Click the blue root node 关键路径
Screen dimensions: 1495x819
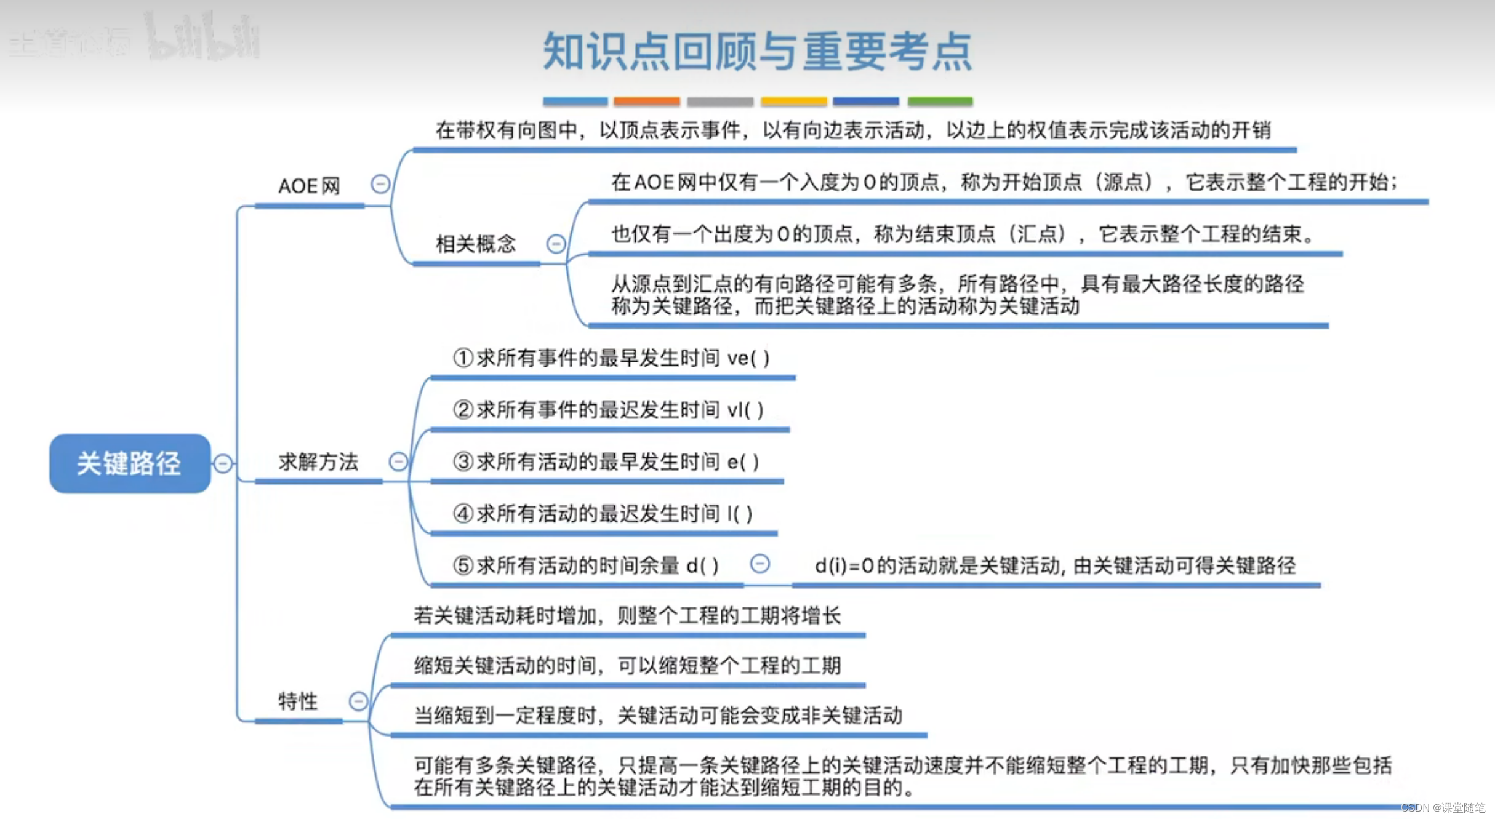tap(129, 463)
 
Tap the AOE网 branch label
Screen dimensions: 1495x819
tap(309, 186)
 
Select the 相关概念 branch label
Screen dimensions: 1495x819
tap(475, 244)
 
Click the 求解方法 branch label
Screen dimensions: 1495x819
tap(318, 461)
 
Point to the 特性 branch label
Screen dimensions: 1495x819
tap(297, 701)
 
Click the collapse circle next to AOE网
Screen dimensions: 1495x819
tap(380, 183)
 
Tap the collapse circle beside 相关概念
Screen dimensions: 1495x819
tap(556, 244)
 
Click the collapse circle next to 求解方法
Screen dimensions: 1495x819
tap(398, 461)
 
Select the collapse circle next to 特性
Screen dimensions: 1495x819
tap(358, 701)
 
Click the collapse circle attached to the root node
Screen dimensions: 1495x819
tap(223, 463)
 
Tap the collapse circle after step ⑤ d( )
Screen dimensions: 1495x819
tap(760, 564)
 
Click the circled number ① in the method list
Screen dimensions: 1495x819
tap(463, 358)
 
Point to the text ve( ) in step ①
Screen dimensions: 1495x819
tap(748, 358)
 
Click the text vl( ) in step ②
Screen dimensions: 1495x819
tap(745, 409)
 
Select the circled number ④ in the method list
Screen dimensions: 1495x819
tap(463, 513)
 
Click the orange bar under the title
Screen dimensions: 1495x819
tap(646, 101)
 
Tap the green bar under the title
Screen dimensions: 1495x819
tap(940, 101)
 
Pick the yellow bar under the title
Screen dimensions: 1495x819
tap(793, 101)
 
